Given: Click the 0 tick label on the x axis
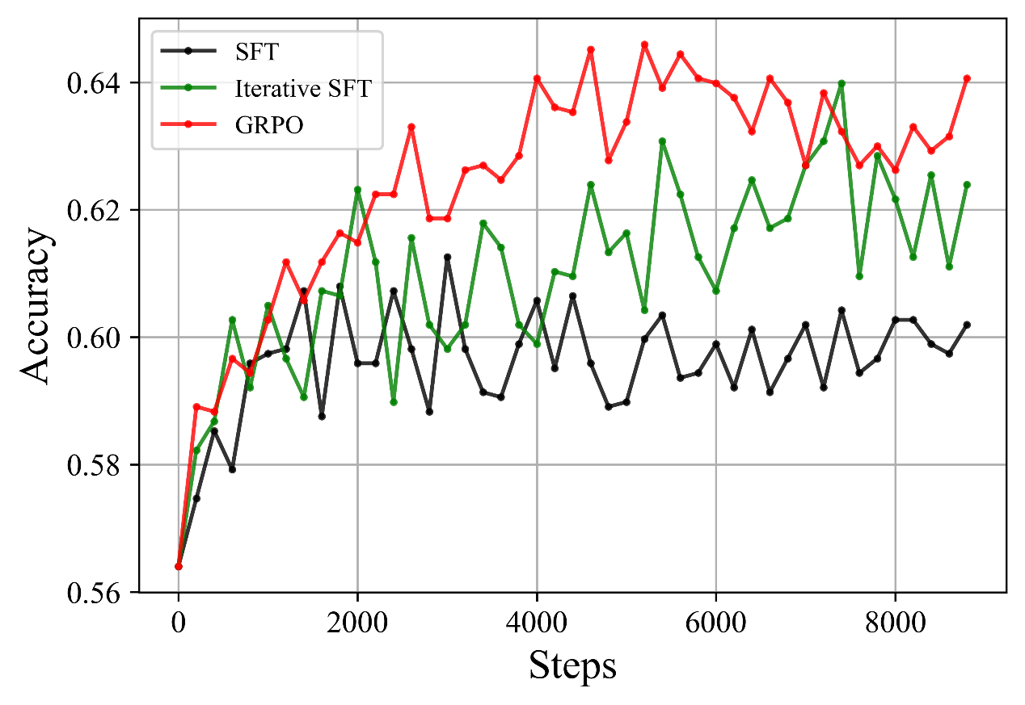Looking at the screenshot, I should (x=179, y=623).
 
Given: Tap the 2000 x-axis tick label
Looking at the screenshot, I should (x=357, y=623).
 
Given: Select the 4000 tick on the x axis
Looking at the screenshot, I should (x=537, y=623).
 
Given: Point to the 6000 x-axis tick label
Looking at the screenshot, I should (x=716, y=623).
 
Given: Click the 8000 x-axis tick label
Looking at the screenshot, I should (x=896, y=623).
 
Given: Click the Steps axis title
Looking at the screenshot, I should (x=572, y=667).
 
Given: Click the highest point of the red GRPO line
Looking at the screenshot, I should (x=644, y=44).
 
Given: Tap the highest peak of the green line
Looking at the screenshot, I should (x=842, y=83).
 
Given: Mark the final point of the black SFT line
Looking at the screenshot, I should (x=967, y=325).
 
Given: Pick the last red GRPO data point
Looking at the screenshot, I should (x=967, y=78).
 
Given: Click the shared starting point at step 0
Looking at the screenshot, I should (x=179, y=566).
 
